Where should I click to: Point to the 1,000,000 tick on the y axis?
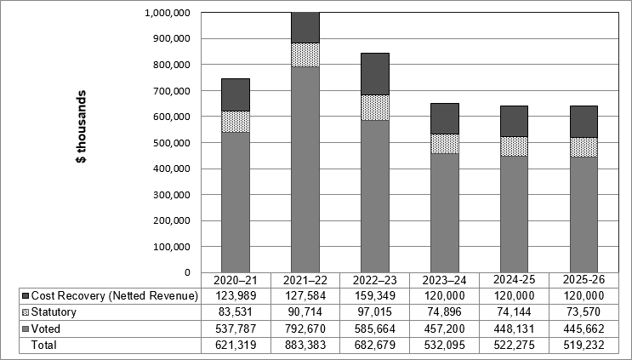coord(167,13)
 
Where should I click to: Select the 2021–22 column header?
coord(305,279)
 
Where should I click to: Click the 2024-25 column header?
coord(515,279)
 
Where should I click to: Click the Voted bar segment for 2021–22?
coord(305,170)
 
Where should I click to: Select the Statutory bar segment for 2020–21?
coord(236,122)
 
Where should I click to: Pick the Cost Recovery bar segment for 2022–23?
coord(375,74)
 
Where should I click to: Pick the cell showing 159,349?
coord(375,295)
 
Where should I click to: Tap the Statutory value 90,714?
coord(305,312)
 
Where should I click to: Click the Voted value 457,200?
coord(445,329)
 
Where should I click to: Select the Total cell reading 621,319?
coord(236,346)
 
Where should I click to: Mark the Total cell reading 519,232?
coord(584,346)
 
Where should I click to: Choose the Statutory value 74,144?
coord(515,312)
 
